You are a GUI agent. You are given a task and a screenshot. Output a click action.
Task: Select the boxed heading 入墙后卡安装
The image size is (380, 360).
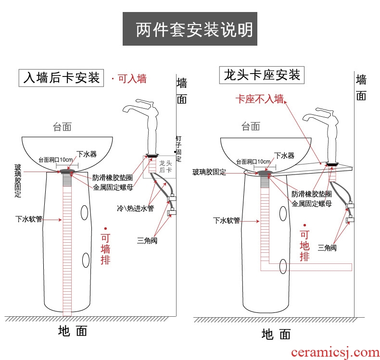tap(62, 78)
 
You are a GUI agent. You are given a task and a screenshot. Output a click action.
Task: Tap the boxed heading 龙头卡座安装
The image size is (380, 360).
tap(262, 75)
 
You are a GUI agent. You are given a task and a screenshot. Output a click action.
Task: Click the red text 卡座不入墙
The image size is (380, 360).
tap(259, 99)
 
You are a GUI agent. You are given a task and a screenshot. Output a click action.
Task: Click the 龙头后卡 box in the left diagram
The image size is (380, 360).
tap(164, 167)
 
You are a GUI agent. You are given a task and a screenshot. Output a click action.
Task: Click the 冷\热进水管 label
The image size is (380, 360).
tap(136, 209)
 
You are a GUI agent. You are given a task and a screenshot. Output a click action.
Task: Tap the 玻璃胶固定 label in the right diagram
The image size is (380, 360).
tap(209, 172)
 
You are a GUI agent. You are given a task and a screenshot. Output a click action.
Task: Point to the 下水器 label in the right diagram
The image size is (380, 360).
tap(283, 155)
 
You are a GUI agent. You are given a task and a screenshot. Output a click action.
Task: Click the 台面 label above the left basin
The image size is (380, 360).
tap(62, 127)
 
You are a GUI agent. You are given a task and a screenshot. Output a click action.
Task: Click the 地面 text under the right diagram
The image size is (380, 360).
tap(276, 334)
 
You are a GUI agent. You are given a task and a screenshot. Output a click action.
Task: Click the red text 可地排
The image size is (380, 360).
tap(304, 246)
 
